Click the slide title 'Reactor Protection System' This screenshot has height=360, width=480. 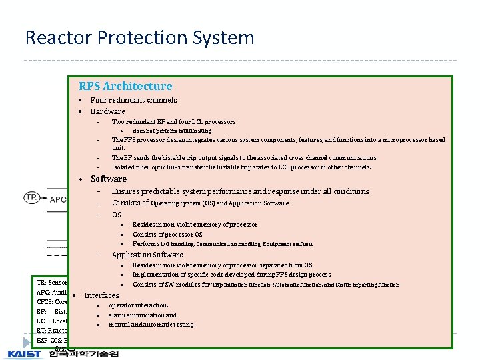[x=139, y=37]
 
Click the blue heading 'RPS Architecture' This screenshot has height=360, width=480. [x=125, y=86]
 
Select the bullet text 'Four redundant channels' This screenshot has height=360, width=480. [x=133, y=100]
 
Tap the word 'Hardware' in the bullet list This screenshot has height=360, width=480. [x=107, y=111]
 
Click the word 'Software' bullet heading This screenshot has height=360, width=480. [x=108, y=179]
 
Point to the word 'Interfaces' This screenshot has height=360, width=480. [x=101, y=295]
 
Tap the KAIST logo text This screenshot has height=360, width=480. [x=25, y=353]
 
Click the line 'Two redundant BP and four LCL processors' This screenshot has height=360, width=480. [x=173, y=122]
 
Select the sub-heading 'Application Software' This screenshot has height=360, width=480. [x=147, y=255]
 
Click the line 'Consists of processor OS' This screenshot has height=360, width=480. [x=167, y=235]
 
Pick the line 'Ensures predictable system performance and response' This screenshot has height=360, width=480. [x=240, y=191]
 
